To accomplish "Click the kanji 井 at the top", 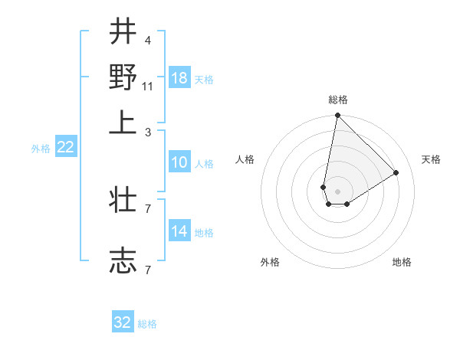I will tap(123, 31).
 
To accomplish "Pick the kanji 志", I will tap(123, 260).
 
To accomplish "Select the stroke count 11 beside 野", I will tap(148, 85).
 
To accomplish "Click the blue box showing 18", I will tap(179, 78).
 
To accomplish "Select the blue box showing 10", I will tap(179, 162).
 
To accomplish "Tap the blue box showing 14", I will tap(179, 231).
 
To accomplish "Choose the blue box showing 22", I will tap(66, 148).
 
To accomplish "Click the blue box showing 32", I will tap(123, 322).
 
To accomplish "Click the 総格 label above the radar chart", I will tap(338, 100).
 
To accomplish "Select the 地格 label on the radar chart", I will tap(402, 263).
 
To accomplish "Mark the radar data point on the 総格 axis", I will tap(337, 116).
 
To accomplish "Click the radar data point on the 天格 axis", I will tap(396, 173).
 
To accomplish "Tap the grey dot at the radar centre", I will tap(338, 191).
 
